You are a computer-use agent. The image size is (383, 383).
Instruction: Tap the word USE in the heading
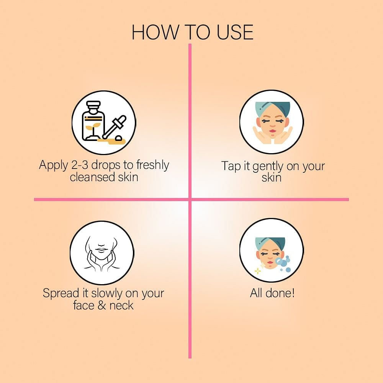coord(235,32)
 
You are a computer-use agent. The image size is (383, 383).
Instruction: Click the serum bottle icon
coord(93,121)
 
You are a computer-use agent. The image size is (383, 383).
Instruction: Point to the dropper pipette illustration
coord(114,127)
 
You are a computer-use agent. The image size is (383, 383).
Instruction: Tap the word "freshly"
coord(153,165)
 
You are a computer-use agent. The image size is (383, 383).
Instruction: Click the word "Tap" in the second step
coord(231,166)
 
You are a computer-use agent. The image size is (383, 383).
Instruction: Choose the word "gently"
coord(268,167)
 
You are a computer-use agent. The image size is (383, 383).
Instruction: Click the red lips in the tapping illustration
coord(272,131)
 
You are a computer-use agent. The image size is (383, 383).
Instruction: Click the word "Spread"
coord(61,294)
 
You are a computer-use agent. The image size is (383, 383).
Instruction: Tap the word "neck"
coord(121,305)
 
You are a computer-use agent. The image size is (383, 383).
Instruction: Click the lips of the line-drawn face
coord(101,250)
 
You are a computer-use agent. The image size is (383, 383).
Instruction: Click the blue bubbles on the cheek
coord(283,263)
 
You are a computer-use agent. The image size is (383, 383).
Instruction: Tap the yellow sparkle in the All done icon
coord(258,271)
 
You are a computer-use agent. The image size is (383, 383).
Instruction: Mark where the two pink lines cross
coord(190,200)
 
